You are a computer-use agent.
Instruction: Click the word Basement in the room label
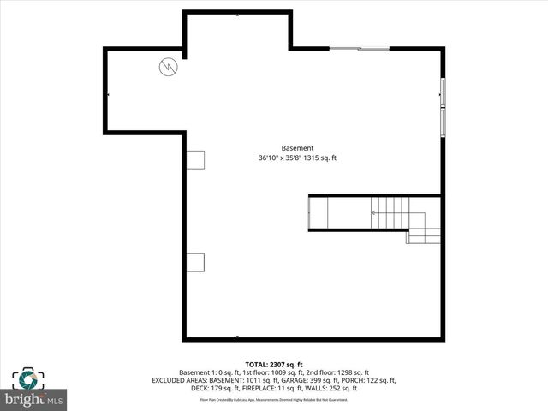click(x=297, y=147)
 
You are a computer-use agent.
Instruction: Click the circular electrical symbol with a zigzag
click(x=169, y=67)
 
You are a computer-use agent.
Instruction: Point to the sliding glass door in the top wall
click(x=359, y=49)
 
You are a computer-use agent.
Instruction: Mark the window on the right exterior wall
click(x=443, y=106)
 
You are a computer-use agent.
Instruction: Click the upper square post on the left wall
click(x=196, y=159)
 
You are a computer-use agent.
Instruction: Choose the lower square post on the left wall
click(x=196, y=261)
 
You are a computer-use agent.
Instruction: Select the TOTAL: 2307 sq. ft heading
click(x=274, y=365)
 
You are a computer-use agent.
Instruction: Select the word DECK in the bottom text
click(x=199, y=388)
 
